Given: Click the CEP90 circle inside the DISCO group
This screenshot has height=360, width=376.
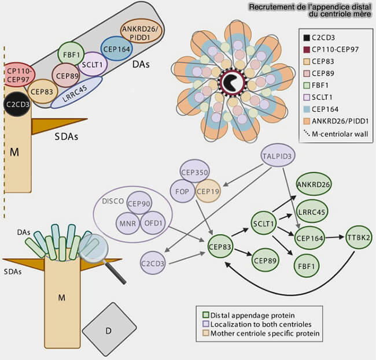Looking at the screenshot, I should point(139,203).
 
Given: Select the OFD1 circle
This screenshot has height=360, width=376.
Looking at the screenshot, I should point(152,222).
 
